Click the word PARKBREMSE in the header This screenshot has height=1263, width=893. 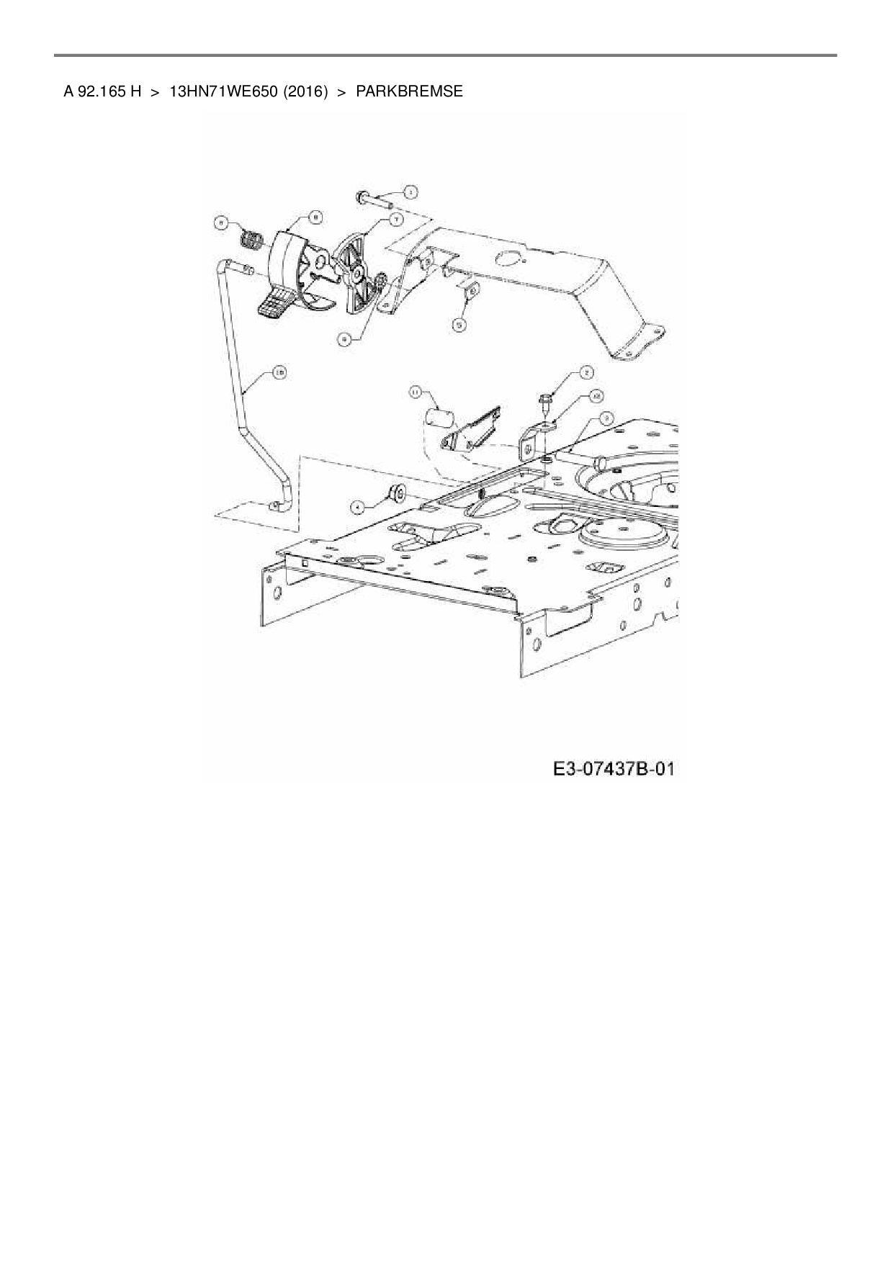409,91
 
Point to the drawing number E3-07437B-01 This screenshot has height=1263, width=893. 614,769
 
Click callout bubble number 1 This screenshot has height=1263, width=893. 409,192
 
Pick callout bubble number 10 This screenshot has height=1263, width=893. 279,372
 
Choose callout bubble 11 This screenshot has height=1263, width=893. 416,392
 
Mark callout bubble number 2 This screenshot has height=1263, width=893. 586,372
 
